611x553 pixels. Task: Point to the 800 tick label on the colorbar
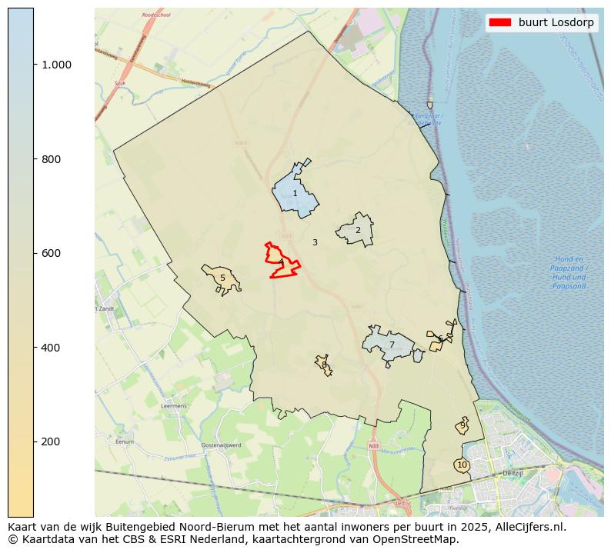tap(52, 159)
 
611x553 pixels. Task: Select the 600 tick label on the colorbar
tap(52, 253)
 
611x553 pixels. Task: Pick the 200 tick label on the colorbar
tap(52, 441)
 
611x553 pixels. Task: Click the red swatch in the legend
tap(499, 22)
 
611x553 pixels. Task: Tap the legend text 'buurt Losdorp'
tap(556, 22)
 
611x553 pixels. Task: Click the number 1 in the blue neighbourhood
tap(295, 194)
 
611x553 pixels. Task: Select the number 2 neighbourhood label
tap(358, 230)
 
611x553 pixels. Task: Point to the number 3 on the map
tap(315, 242)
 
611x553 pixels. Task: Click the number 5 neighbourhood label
tap(222, 278)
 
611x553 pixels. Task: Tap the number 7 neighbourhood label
tap(392, 345)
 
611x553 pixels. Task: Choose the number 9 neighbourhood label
tap(462, 425)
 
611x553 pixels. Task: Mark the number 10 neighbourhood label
tap(462, 465)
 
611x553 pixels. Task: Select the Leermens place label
tap(173, 405)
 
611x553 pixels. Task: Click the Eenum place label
tap(123, 442)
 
